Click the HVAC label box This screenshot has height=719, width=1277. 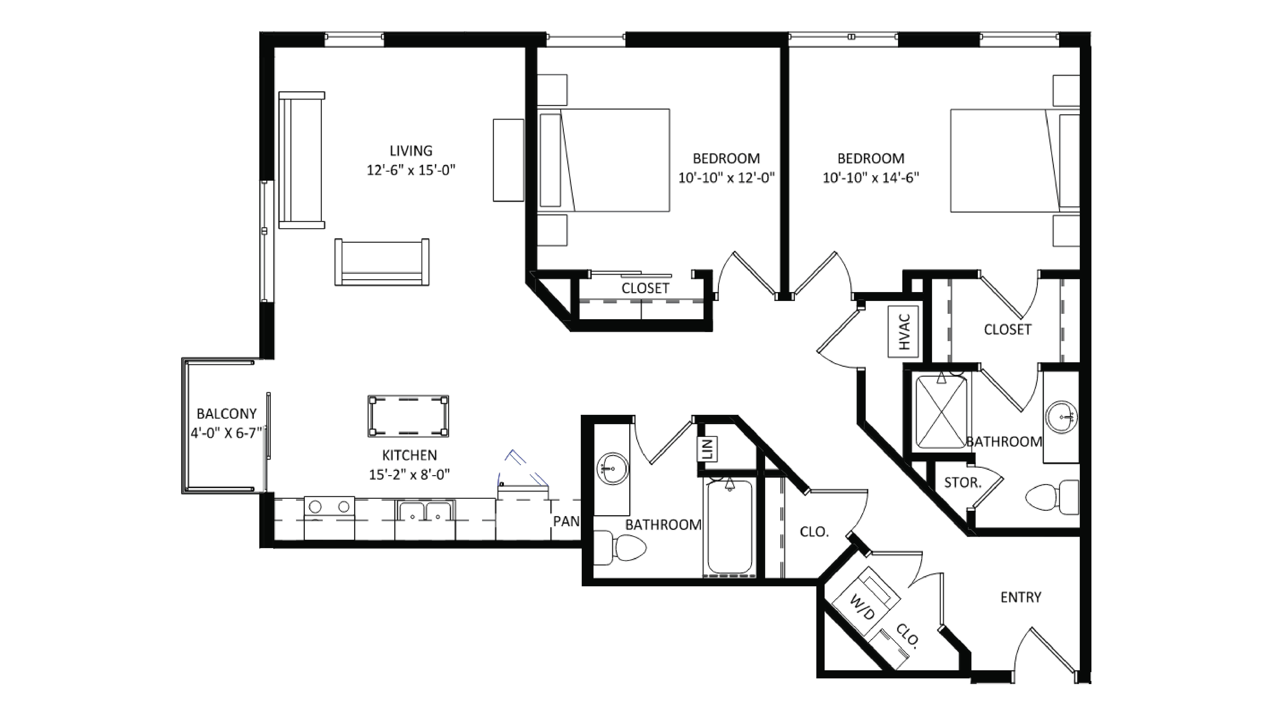pyautogui.click(x=903, y=331)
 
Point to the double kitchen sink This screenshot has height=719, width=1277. pyautogui.click(x=425, y=511)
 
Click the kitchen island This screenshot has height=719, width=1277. pyautogui.click(x=408, y=416)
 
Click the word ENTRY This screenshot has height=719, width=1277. pyautogui.click(x=1020, y=597)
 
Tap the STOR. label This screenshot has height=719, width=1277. pyautogui.click(x=962, y=482)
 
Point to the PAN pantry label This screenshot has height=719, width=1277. pyautogui.click(x=566, y=521)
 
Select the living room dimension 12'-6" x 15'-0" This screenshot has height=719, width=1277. pyautogui.click(x=410, y=170)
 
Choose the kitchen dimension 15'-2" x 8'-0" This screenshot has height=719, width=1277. pyautogui.click(x=409, y=475)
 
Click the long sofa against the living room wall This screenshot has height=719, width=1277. pyautogui.click(x=301, y=160)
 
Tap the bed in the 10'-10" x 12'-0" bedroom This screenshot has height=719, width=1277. pyautogui.click(x=605, y=160)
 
